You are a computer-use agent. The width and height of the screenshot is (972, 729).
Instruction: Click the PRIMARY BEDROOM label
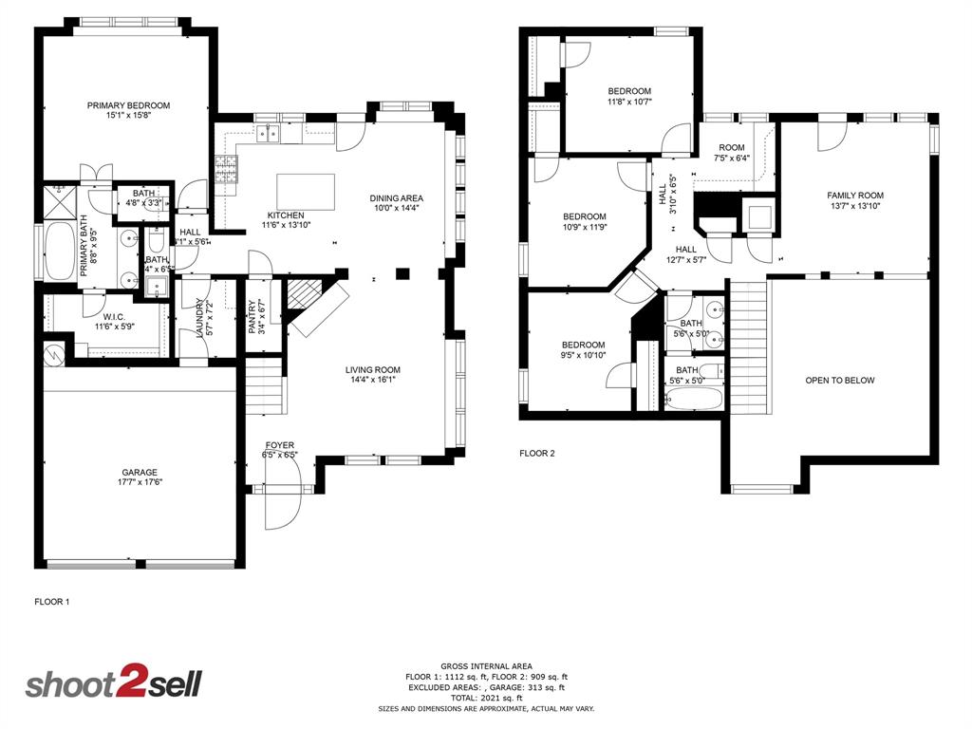point(128,105)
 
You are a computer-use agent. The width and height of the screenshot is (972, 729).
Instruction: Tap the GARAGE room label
point(139,472)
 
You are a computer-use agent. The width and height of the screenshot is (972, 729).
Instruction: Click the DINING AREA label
point(396,198)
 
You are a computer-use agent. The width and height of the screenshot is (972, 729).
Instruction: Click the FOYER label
point(279,444)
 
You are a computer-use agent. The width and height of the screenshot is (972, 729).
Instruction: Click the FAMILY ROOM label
point(854,196)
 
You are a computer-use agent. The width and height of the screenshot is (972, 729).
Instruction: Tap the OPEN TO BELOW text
point(840,381)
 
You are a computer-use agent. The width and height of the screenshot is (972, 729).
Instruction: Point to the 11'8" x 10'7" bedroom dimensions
point(629,103)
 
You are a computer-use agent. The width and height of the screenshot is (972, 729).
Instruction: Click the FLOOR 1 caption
point(52,601)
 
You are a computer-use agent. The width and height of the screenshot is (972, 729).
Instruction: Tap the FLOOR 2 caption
point(536,453)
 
